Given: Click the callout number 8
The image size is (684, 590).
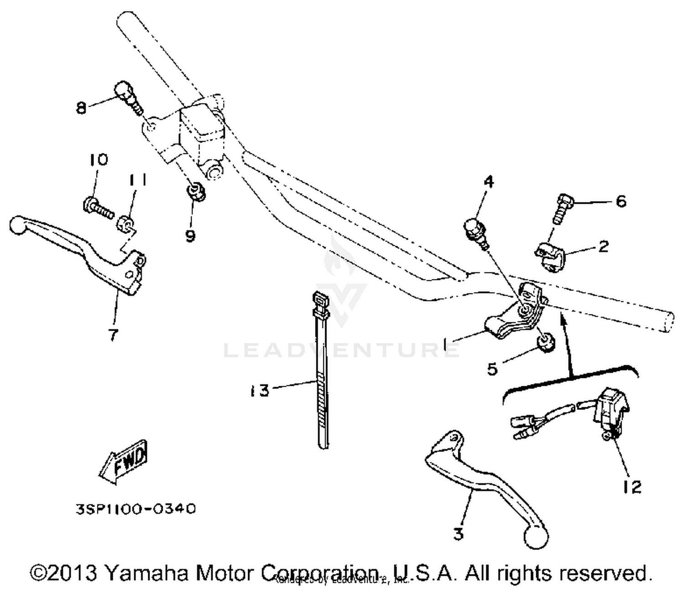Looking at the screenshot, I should pyautogui.click(x=81, y=108).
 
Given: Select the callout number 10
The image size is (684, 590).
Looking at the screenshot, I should pyautogui.click(x=98, y=160).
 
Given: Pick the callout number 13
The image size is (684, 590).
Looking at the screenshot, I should pyautogui.click(x=259, y=391).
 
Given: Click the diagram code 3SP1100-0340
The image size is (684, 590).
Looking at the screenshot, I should pyautogui.click(x=136, y=508).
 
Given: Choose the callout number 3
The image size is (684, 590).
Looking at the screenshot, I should pyautogui.click(x=458, y=533).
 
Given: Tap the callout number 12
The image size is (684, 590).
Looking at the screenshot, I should pyautogui.click(x=633, y=486).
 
